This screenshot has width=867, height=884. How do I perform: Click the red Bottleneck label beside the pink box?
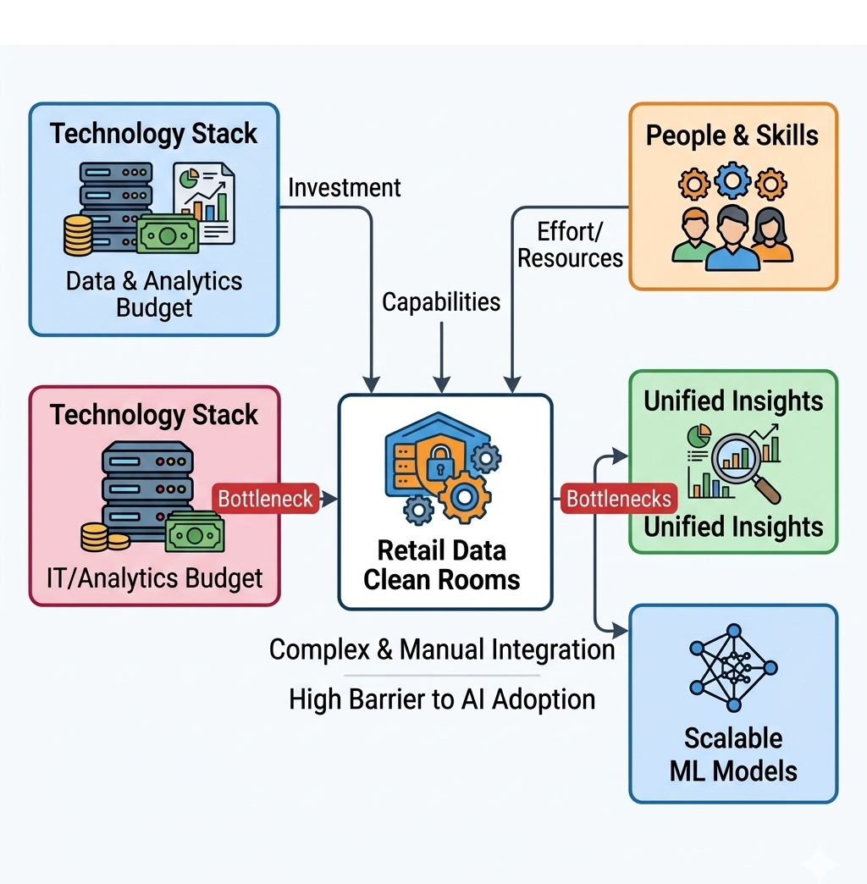(266, 499)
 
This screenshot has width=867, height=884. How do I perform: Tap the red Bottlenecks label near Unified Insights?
(618, 499)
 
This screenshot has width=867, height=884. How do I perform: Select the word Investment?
(345, 188)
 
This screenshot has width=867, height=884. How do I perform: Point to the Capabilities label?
(441, 302)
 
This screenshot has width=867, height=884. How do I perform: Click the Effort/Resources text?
(570, 245)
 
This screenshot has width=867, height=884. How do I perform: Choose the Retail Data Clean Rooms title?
(441, 565)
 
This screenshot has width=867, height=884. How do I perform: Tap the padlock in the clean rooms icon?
(439, 462)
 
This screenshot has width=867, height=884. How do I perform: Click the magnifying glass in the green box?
(744, 467)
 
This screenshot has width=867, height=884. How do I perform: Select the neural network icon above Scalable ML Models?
(733, 668)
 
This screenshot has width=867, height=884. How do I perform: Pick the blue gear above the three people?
(732, 180)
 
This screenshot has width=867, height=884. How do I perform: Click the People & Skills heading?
(732, 135)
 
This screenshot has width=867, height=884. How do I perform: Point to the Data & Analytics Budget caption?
(154, 294)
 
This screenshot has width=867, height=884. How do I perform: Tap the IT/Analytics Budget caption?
(154, 577)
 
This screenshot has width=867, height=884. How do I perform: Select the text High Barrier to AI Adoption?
(442, 699)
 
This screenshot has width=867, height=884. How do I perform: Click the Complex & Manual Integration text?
(442, 649)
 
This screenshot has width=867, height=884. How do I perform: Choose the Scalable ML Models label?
(733, 754)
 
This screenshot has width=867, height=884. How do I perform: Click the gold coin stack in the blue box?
(79, 235)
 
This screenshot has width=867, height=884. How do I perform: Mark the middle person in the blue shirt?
(732, 238)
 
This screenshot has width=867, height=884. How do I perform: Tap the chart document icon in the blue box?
(204, 203)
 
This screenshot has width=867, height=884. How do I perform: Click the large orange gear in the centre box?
(465, 497)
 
